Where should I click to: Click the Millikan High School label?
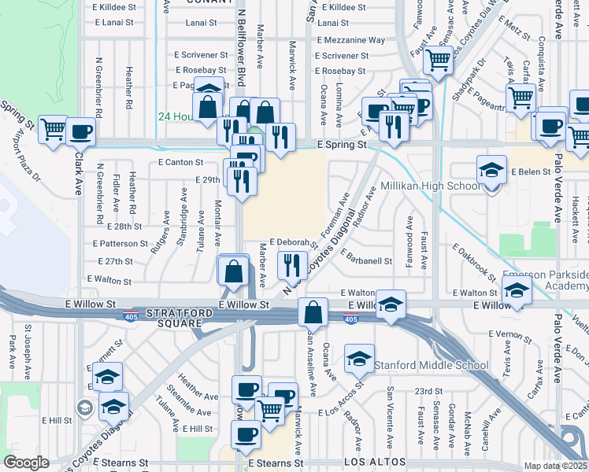tap(430, 186)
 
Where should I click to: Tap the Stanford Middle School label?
tap(431, 365)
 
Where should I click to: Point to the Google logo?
tap(26, 463)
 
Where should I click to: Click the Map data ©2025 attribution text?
tap(555, 466)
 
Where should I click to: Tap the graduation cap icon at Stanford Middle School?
tap(360, 360)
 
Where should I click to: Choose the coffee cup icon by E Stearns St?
tap(244, 433)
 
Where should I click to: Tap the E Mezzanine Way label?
tap(350, 40)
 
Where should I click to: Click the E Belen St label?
tap(529, 171)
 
